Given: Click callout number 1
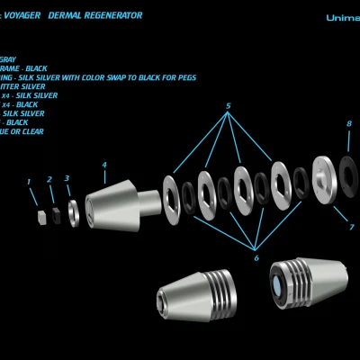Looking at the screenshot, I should click(x=29, y=182).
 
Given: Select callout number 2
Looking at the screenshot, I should click(x=49, y=180).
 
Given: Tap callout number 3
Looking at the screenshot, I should click(x=67, y=178).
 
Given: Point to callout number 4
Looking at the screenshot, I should click(x=104, y=165).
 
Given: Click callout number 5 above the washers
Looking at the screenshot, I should click(x=228, y=107).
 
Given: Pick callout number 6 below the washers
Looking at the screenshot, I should click(x=256, y=258).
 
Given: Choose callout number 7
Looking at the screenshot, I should click(x=352, y=228).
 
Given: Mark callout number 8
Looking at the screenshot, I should click(x=349, y=124).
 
